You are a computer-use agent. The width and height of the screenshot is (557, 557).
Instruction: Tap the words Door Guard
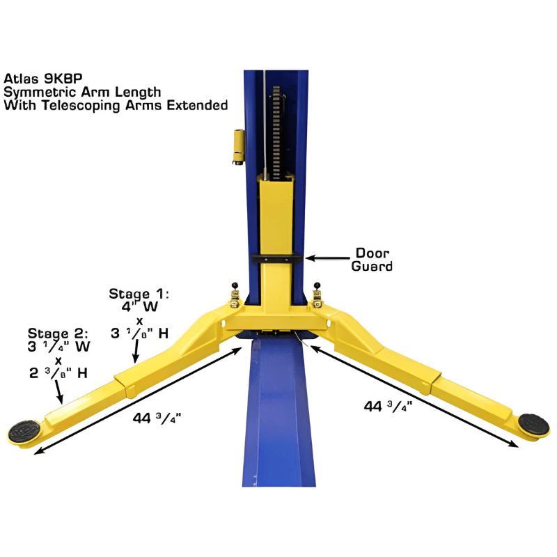pyautogui.click(x=374, y=259)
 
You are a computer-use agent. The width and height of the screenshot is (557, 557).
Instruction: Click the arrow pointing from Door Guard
pyautogui.click(x=330, y=258)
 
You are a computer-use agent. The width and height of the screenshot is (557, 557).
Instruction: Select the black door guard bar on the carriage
pyautogui.click(x=278, y=258)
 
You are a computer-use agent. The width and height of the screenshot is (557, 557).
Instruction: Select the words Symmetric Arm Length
pyautogui.click(x=82, y=91)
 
